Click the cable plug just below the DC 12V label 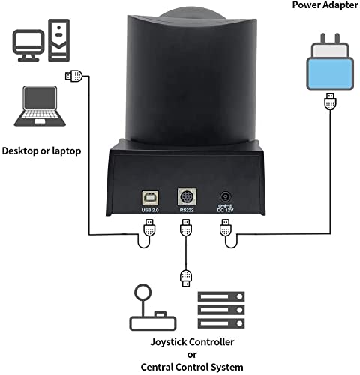pos(224,229)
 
